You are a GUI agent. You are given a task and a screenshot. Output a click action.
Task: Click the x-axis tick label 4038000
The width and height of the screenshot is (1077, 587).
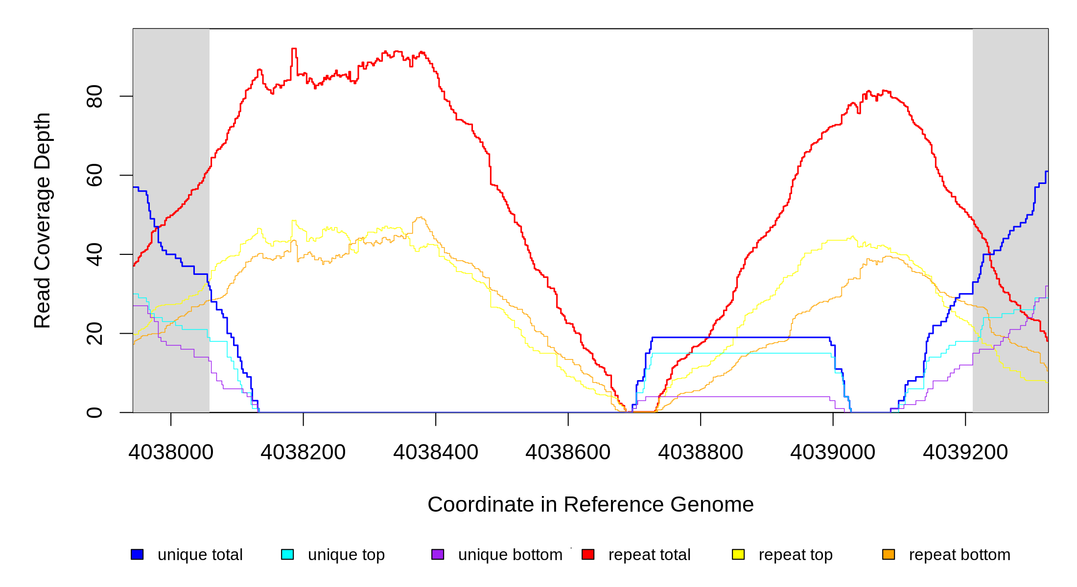click(171, 452)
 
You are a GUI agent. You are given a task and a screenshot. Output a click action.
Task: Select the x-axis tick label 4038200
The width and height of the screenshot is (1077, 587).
click(303, 452)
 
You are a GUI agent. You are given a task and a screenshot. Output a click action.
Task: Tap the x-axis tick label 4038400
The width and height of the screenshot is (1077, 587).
click(436, 452)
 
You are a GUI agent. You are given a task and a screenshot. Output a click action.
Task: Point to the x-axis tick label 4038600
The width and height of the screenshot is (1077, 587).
click(568, 452)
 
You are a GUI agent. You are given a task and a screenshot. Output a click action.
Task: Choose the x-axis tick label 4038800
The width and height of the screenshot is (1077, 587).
click(701, 452)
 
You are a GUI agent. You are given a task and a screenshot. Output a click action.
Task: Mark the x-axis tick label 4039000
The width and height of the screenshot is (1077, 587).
click(833, 452)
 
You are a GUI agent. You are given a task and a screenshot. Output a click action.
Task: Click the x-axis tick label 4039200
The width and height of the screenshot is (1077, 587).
click(965, 452)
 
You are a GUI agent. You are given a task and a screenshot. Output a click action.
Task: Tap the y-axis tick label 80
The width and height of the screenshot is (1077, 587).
click(94, 96)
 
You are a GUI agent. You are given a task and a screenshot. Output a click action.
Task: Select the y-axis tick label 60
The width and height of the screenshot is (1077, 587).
click(94, 175)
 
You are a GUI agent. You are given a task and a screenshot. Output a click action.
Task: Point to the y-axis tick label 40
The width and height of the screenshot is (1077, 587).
click(94, 254)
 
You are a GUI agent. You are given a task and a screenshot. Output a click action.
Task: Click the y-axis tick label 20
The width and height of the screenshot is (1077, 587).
click(94, 334)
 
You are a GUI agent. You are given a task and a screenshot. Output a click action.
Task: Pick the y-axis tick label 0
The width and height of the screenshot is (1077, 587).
click(94, 412)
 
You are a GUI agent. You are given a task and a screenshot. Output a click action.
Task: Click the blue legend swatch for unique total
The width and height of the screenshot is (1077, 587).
click(137, 554)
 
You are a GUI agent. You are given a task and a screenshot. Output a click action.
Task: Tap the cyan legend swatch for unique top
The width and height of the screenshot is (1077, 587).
click(287, 554)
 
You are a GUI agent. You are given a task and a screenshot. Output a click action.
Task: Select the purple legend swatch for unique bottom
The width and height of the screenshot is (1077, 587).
click(438, 554)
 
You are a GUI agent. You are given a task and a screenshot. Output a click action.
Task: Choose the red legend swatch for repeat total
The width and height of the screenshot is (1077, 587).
click(588, 554)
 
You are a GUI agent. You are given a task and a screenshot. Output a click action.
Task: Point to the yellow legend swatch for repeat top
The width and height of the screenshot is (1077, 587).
click(738, 554)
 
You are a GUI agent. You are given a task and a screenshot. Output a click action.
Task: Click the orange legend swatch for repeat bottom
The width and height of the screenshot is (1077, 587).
click(889, 554)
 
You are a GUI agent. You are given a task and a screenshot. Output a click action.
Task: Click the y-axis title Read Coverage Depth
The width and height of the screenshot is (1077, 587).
click(43, 220)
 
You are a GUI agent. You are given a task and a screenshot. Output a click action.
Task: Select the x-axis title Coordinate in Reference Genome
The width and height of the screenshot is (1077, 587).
click(590, 504)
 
